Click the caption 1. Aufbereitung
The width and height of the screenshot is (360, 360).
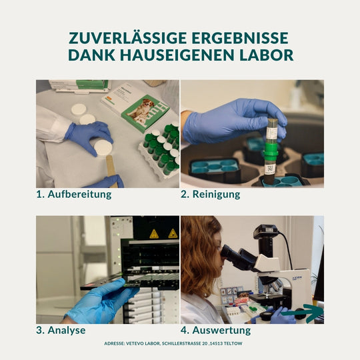pos(74,195)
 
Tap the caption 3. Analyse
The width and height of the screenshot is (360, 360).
pos(61,330)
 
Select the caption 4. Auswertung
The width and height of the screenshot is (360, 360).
pos(216,330)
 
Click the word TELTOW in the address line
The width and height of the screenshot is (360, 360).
pos(244,343)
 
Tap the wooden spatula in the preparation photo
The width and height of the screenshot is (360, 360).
pos(110,166)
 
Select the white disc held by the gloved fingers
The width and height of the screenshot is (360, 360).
pos(103,147)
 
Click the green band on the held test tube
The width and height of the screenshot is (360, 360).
pos(271,147)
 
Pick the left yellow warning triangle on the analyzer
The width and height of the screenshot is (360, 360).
pos(154,233)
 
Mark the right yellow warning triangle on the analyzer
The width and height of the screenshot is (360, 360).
pos(173,233)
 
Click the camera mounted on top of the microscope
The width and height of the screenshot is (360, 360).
pos(265,235)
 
